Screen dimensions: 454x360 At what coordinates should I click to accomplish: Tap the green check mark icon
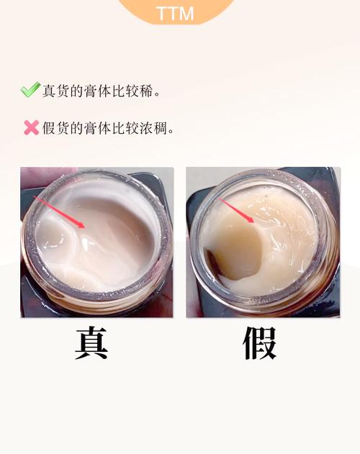pyautogui.click(x=30, y=91)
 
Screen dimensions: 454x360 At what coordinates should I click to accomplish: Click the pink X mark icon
pyautogui.click(x=31, y=128)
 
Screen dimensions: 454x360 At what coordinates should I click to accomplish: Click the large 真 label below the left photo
pyautogui.click(x=91, y=344)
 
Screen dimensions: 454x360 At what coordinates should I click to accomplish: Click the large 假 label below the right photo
pyautogui.click(x=259, y=344)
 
